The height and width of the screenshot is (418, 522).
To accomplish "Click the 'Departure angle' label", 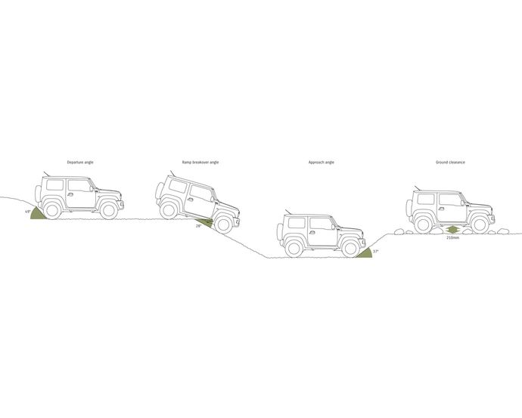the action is [x=80, y=163].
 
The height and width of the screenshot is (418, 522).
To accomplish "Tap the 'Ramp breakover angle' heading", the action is [x=200, y=163].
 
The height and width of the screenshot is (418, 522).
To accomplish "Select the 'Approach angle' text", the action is [x=322, y=163].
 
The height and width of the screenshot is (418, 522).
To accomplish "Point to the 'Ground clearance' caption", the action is [x=450, y=163].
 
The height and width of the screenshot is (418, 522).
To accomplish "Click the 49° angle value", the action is [x=28, y=212].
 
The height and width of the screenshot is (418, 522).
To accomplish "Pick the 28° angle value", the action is [x=198, y=226].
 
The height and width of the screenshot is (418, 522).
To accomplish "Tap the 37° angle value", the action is [x=375, y=252].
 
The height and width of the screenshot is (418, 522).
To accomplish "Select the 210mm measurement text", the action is [x=452, y=238].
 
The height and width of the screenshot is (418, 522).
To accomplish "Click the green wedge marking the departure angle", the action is [x=39, y=214].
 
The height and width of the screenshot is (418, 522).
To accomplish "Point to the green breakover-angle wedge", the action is [x=204, y=222].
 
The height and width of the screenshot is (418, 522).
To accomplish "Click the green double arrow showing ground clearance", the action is [x=452, y=230].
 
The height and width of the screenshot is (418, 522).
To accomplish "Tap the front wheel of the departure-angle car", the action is [x=109, y=210].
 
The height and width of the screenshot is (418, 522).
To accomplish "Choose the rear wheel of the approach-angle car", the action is [x=294, y=249].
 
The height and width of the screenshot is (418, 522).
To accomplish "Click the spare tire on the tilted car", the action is [x=159, y=190].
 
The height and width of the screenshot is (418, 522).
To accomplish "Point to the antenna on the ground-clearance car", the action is [x=417, y=188].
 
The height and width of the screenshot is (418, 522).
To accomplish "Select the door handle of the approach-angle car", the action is [x=312, y=232].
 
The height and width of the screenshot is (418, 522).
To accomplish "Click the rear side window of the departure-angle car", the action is [x=54, y=185].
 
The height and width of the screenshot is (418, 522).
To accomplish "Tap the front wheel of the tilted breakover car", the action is [x=223, y=224].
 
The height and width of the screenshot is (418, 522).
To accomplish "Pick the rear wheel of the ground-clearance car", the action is [x=424, y=224].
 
